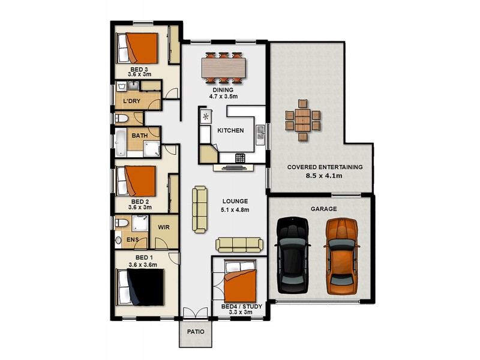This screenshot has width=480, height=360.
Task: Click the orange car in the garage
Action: click(x=341, y=256)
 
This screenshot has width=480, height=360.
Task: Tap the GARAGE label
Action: click(x=323, y=209)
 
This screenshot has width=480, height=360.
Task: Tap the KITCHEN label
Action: click(x=230, y=130)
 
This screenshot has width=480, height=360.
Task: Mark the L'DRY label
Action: click(x=131, y=101)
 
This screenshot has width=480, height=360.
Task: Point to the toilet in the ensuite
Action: click(x=120, y=223)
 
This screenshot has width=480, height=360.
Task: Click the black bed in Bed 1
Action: click(x=142, y=287)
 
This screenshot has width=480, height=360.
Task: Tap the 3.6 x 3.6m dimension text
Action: click(x=142, y=265)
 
